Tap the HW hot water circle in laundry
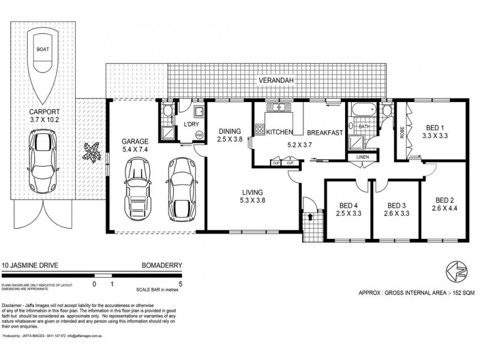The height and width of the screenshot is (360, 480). click(199, 135)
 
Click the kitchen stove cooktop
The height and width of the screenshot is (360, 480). click(259, 128)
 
